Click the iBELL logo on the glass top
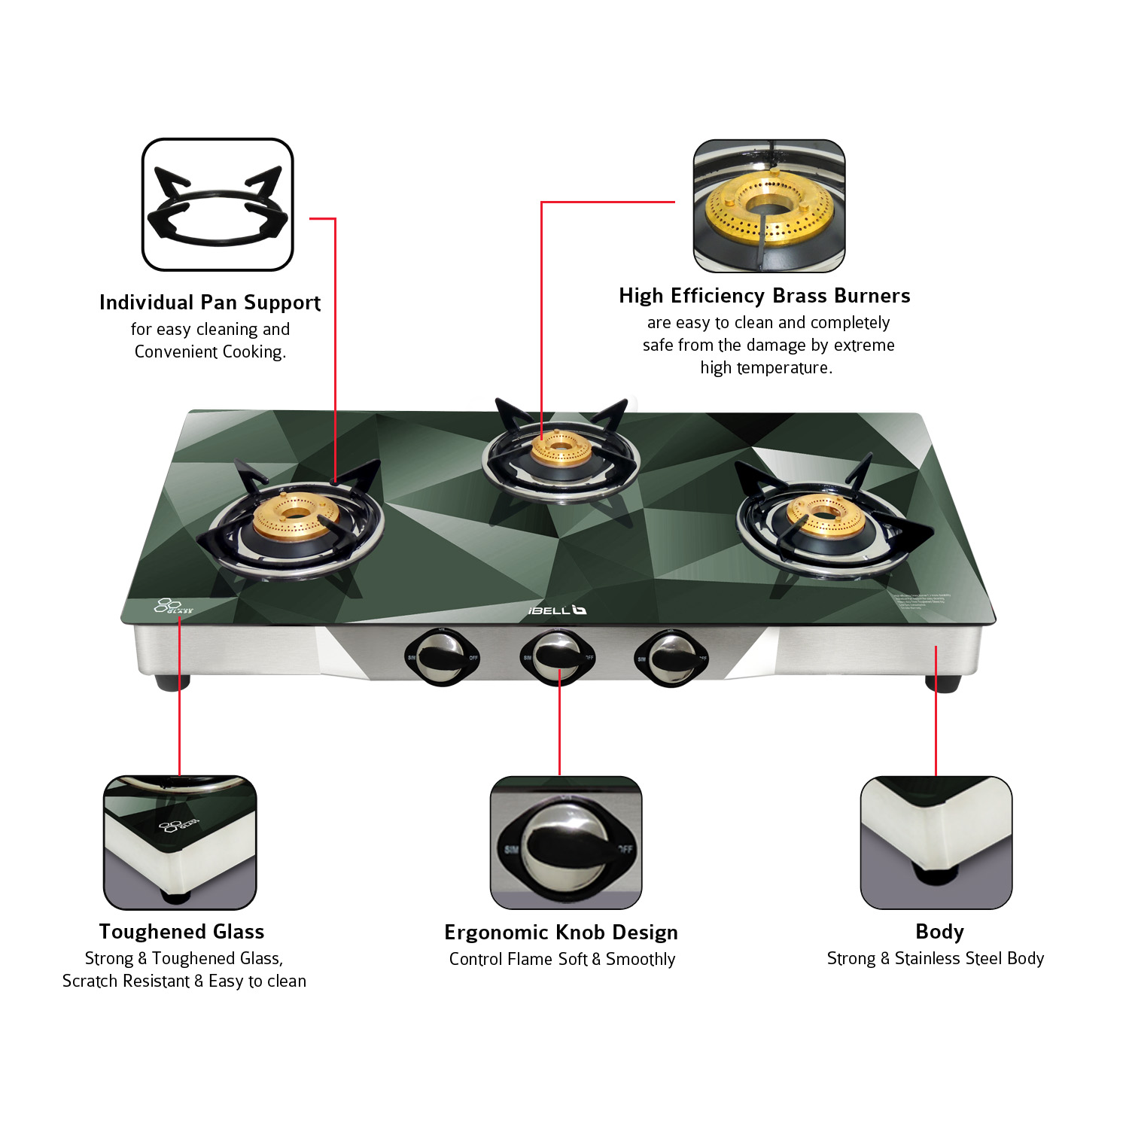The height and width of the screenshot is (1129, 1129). (557, 610)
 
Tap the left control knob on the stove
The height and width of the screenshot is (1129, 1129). (442, 657)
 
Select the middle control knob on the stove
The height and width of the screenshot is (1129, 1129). (558, 656)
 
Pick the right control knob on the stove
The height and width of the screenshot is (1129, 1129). (671, 657)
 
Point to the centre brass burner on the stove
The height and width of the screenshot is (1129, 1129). (561, 449)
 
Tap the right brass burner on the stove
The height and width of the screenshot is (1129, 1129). (825, 516)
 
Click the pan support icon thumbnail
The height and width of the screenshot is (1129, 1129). (218, 205)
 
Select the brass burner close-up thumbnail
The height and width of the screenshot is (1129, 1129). (769, 205)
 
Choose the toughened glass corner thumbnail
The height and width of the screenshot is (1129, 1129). (180, 842)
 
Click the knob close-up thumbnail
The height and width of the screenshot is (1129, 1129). (566, 842)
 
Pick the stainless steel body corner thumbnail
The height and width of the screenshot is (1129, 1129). (936, 842)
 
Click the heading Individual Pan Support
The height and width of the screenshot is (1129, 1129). (210, 303)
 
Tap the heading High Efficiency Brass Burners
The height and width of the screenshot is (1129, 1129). (765, 296)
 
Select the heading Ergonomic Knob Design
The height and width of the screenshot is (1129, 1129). (561, 933)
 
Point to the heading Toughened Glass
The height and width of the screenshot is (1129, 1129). (181, 932)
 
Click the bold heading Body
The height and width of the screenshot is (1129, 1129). (939, 932)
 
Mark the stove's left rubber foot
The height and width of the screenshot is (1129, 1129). (172, 683)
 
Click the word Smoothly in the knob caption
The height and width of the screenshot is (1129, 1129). (641, 959)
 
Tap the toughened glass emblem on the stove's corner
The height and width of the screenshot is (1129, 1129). (172, 606)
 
